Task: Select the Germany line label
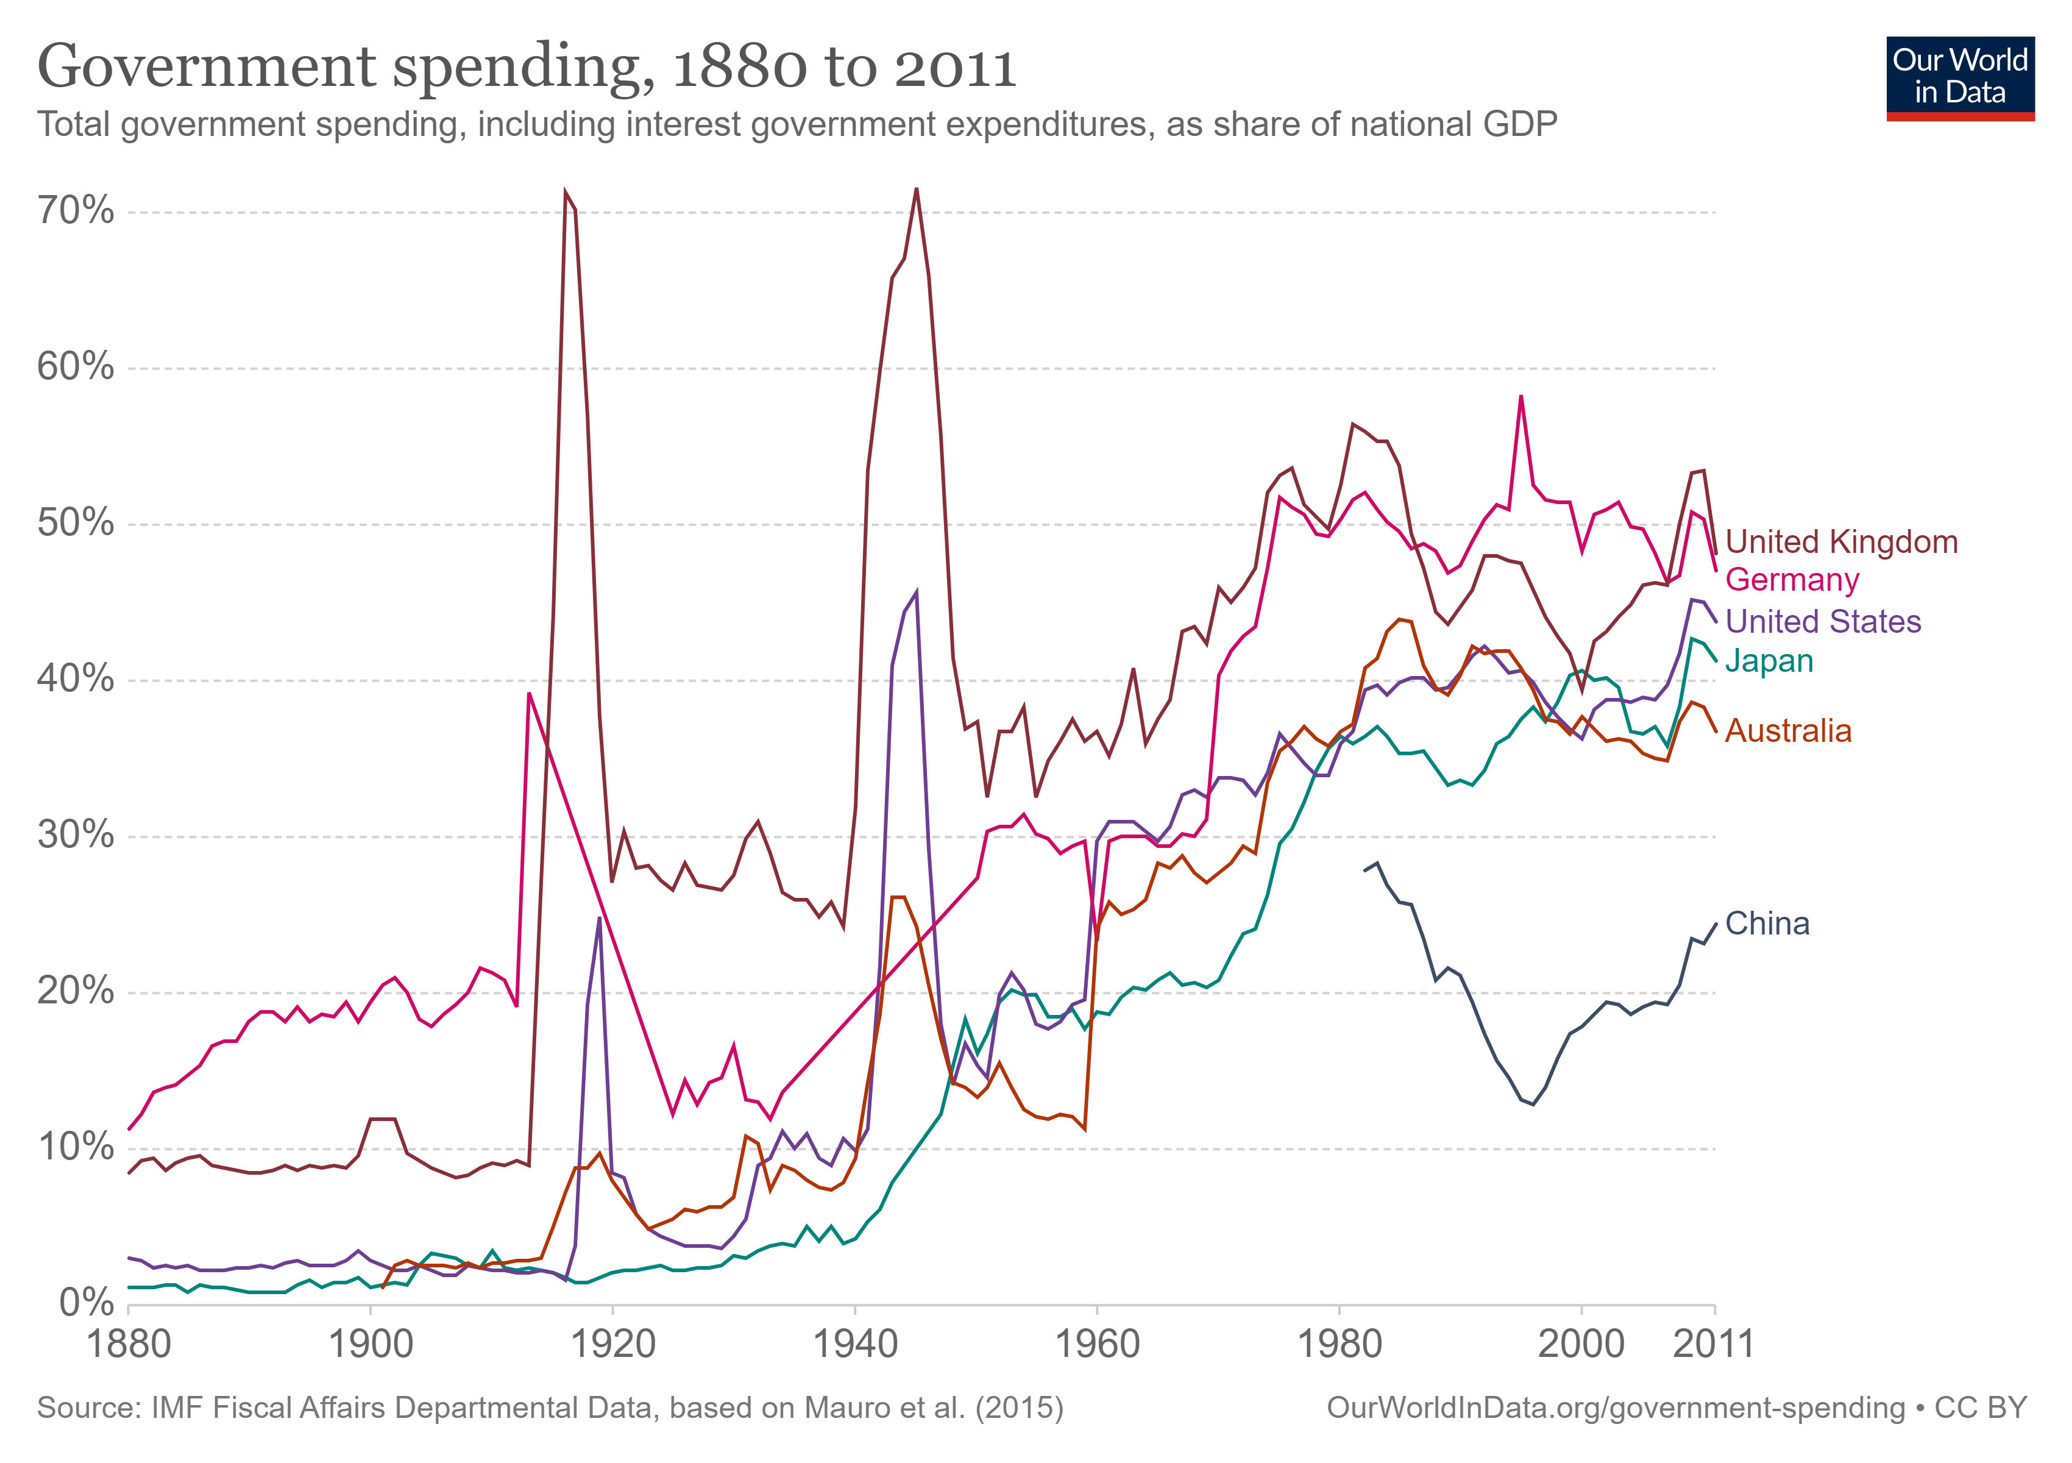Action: [x=1791, y=580]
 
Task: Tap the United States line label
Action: [x=1823, y=621]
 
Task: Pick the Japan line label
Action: [x=1769, y=661]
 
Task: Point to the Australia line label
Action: [x=1788, y=730]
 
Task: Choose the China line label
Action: [x=1767, y=924]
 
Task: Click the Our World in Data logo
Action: [x=1960, y=77]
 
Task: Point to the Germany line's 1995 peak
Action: [x=1520, y=396]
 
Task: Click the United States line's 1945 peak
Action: [x=916, y=593]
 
